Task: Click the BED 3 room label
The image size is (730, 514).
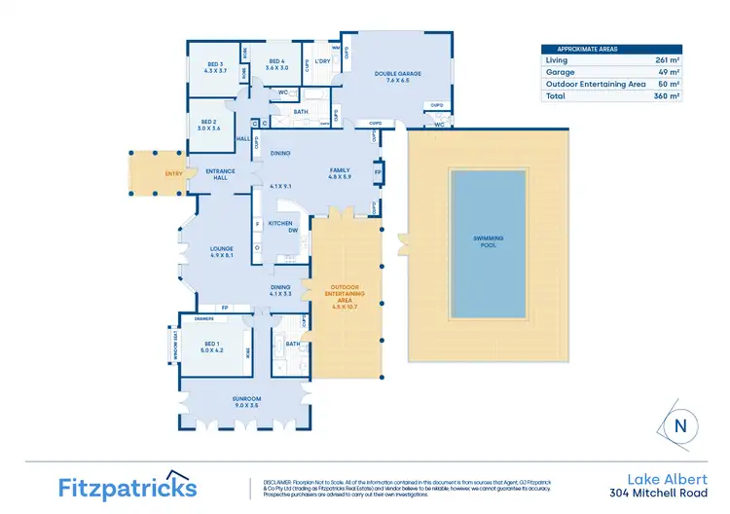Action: coord(214,66)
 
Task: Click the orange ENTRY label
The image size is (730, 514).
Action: coord(146,174)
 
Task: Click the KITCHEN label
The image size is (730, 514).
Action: coord(280,223)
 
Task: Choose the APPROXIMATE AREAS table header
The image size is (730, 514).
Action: coord(588,49)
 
